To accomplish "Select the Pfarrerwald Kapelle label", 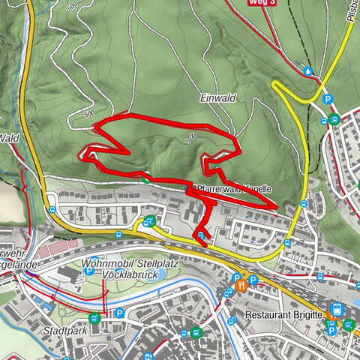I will click(234, 190).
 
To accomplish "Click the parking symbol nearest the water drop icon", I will click(327, 99).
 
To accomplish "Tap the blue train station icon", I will click(337, 309).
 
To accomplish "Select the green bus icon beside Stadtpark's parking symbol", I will click(94, 318).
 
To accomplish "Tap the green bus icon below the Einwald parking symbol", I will click(334, 119).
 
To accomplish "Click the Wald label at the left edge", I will click(10, 138).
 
